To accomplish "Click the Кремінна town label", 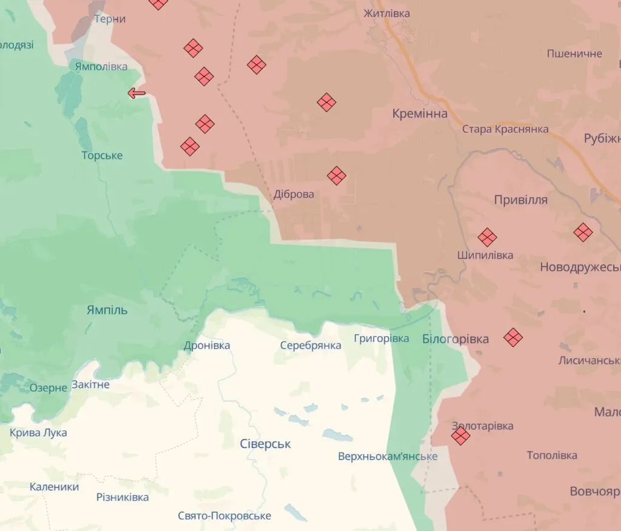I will pos(420,113).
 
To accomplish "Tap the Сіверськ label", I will pos(265,444).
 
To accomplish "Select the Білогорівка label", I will pos(456,339).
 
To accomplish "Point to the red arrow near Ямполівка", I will pos(137,93).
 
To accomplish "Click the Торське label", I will pos(102,156).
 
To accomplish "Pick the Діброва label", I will pos(294,195).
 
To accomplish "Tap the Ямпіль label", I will pos(107,310).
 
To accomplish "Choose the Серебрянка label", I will pos(311,345).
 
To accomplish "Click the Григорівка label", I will pos(382,338).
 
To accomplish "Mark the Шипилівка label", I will pos(485,255).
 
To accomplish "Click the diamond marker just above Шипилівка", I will pos(487,238).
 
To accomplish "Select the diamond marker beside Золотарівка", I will pos(460,436).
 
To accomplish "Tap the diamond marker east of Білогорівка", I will pos(513,338).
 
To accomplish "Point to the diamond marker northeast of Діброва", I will pos(336,176).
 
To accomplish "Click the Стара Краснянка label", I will pos(505,129).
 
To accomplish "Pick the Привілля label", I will pos(521,200).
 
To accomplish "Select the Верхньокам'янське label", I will pos(388,456).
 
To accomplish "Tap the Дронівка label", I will pos(207,346).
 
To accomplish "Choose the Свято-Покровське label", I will pos(224,516).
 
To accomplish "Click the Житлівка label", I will pos(387,13).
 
